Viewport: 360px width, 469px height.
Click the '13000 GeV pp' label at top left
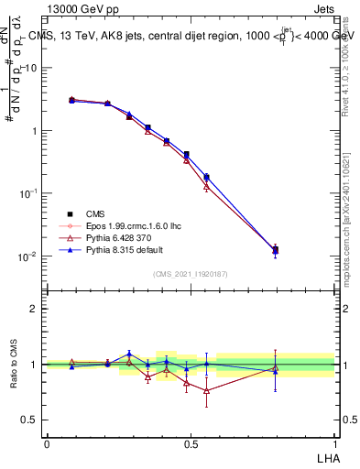click(80, 10)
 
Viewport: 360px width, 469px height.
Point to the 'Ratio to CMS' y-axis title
click(14, 365)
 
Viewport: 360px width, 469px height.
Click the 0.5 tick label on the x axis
click(190, 442)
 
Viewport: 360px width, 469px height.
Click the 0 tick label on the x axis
click(46, 442)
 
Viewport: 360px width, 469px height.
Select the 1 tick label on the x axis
click(333, 442)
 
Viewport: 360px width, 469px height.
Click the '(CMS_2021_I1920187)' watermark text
click(190, 273)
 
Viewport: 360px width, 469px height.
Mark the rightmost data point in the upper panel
click(276, 249)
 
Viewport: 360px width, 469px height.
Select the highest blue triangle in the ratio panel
click(129, 354)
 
